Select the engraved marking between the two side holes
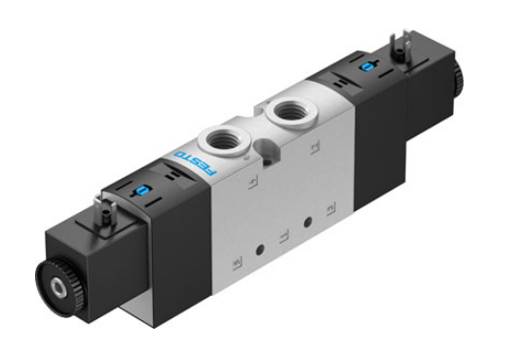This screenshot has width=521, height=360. tap(284, 236)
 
